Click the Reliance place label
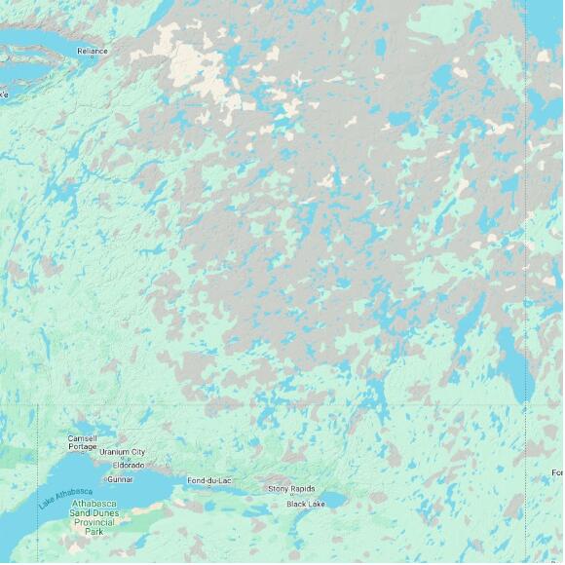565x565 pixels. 93,50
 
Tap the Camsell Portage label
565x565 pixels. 82,442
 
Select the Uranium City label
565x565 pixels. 122,452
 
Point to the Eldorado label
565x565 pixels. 129,465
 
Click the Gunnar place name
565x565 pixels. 122,479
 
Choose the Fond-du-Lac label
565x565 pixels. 209,480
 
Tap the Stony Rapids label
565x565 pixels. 291,488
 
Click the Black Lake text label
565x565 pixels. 305,504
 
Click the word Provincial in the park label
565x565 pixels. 94,522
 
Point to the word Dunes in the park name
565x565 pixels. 106,512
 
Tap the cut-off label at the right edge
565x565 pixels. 557,472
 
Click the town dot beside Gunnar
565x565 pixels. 105,479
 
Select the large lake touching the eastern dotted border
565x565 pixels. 511,356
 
